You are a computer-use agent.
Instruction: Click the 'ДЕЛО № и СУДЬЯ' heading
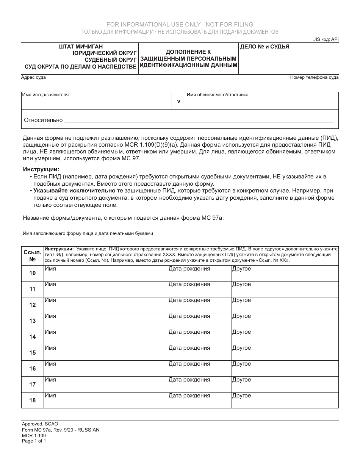[x=265, y=47]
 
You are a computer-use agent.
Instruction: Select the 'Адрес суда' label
[x=34, y=77]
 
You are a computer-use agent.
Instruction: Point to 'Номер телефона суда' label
[x=314, y=77]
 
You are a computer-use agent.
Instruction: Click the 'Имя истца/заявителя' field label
[x=45, y=95]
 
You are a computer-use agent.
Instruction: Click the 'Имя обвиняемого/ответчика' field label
[x=218, y=95]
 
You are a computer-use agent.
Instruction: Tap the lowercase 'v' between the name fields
[x=179, y=101]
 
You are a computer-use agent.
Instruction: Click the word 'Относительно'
[x=43, y=120]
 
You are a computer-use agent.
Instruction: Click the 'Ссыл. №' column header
[x=32, y=256]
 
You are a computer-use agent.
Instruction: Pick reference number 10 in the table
[x=33, y=273]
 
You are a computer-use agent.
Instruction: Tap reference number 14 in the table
[x=33, y=337]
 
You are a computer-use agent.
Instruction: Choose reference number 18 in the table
[x=33, y=400]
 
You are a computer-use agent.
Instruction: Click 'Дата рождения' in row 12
[x=189, y=300]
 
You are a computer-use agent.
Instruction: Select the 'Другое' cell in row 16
[x=241, y=364]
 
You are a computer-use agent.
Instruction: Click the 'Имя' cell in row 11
[x=50, y=285]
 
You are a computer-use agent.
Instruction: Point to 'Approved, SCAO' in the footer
[x=40, y=424]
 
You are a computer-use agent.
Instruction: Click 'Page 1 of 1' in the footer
[x=34, y=441]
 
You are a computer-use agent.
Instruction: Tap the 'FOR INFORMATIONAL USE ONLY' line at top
[x=180, y=25]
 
